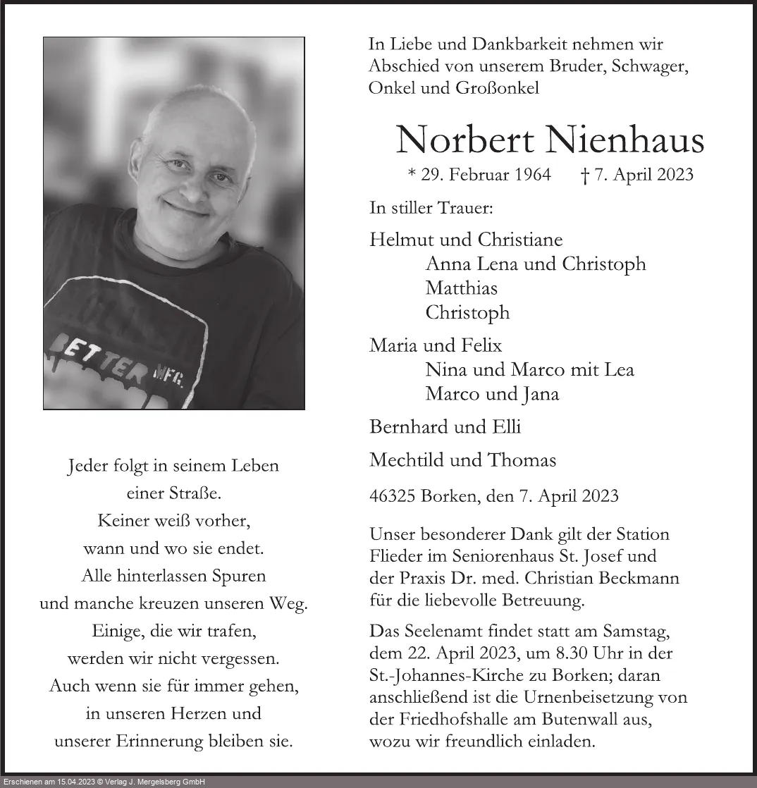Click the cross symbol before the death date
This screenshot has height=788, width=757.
(x=584, y=175)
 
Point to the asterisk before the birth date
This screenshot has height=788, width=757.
(x=412, y=174)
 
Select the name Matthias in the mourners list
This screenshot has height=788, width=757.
(x=461, y=288)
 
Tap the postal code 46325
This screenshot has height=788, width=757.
(x=391, y=495)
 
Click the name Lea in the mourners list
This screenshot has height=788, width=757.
(x=618, y=369)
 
